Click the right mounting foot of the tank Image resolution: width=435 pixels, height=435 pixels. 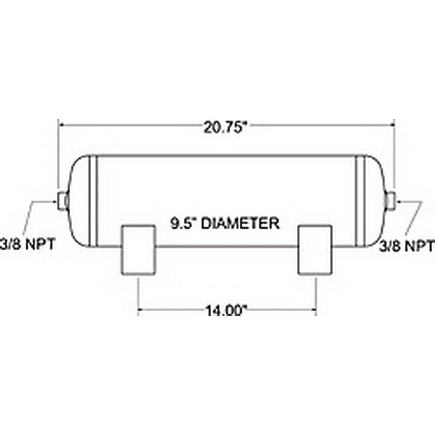315,249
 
